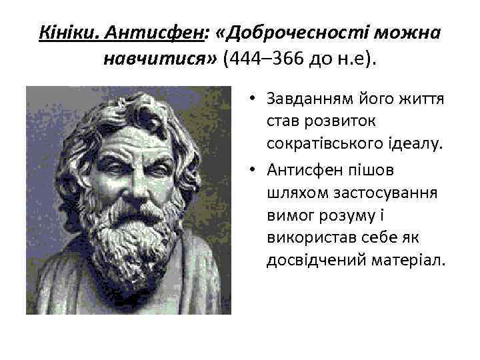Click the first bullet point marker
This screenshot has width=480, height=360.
click(x=255, y=99)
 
